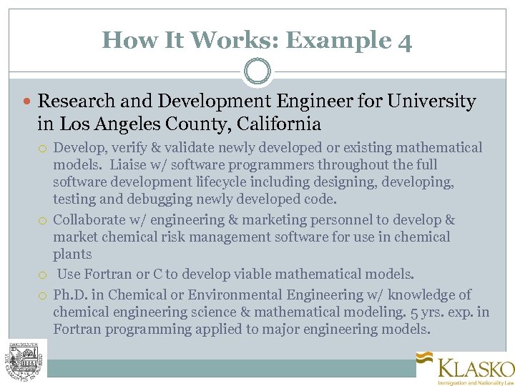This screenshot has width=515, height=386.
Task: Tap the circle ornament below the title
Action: click(257, 71)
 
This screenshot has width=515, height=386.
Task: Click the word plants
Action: click(72, 254)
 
